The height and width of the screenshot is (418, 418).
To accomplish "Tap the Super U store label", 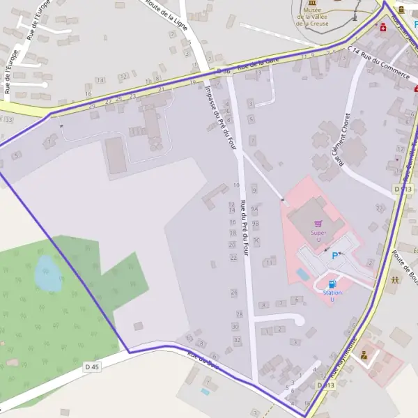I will coord(318,233).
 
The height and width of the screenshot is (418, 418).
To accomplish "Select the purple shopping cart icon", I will coord(319,224).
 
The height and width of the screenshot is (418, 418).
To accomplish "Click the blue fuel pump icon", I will coord(332,284).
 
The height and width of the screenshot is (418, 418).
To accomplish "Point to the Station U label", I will coord(332,295).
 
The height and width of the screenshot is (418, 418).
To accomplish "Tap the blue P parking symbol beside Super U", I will coord(335,256).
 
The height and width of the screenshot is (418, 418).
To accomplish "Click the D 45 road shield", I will coord(92,366).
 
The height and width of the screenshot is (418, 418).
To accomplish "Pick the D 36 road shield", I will coord(223,72).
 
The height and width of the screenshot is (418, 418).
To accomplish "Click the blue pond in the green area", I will coord(48,273).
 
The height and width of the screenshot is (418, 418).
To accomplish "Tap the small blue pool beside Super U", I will coord(303,274).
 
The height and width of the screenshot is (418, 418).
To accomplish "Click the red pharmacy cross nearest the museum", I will coord(383,27).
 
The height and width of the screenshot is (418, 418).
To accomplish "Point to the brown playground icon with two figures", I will coord(395,280).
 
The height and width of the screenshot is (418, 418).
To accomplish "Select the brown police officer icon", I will coord(364,354).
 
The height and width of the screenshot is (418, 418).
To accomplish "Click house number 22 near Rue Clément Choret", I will coord(380,208).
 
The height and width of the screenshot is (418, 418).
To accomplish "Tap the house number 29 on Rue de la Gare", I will coord(92,106).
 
